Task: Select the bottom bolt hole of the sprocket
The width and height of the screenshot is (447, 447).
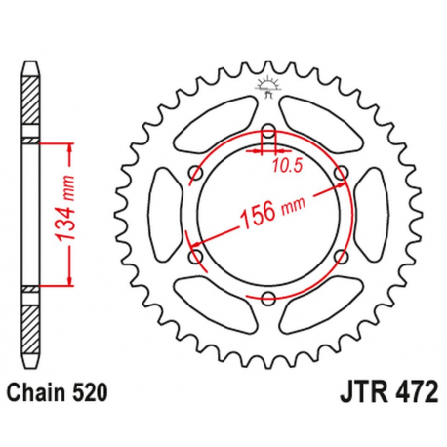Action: tap(267, 300)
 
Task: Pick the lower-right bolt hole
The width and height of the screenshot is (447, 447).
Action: tap(341, 257)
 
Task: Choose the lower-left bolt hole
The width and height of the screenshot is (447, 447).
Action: tap(194, 257)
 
